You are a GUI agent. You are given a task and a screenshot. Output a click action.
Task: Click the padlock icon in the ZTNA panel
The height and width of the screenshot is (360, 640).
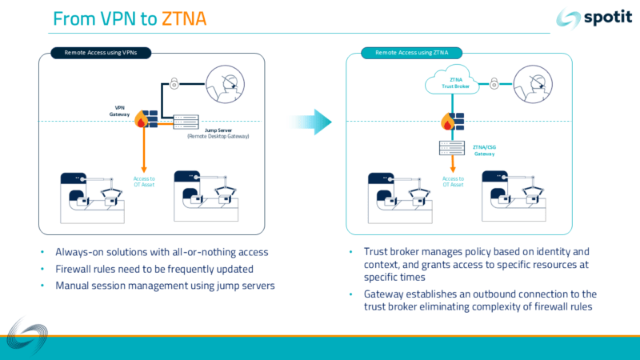click(494, 82)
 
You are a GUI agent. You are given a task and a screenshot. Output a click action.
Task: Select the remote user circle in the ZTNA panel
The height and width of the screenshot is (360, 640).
click(534, 82)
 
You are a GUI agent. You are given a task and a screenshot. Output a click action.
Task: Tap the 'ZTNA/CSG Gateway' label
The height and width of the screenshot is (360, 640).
click(484, 150)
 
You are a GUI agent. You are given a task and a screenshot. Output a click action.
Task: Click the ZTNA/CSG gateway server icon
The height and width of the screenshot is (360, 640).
click(452, 148)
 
